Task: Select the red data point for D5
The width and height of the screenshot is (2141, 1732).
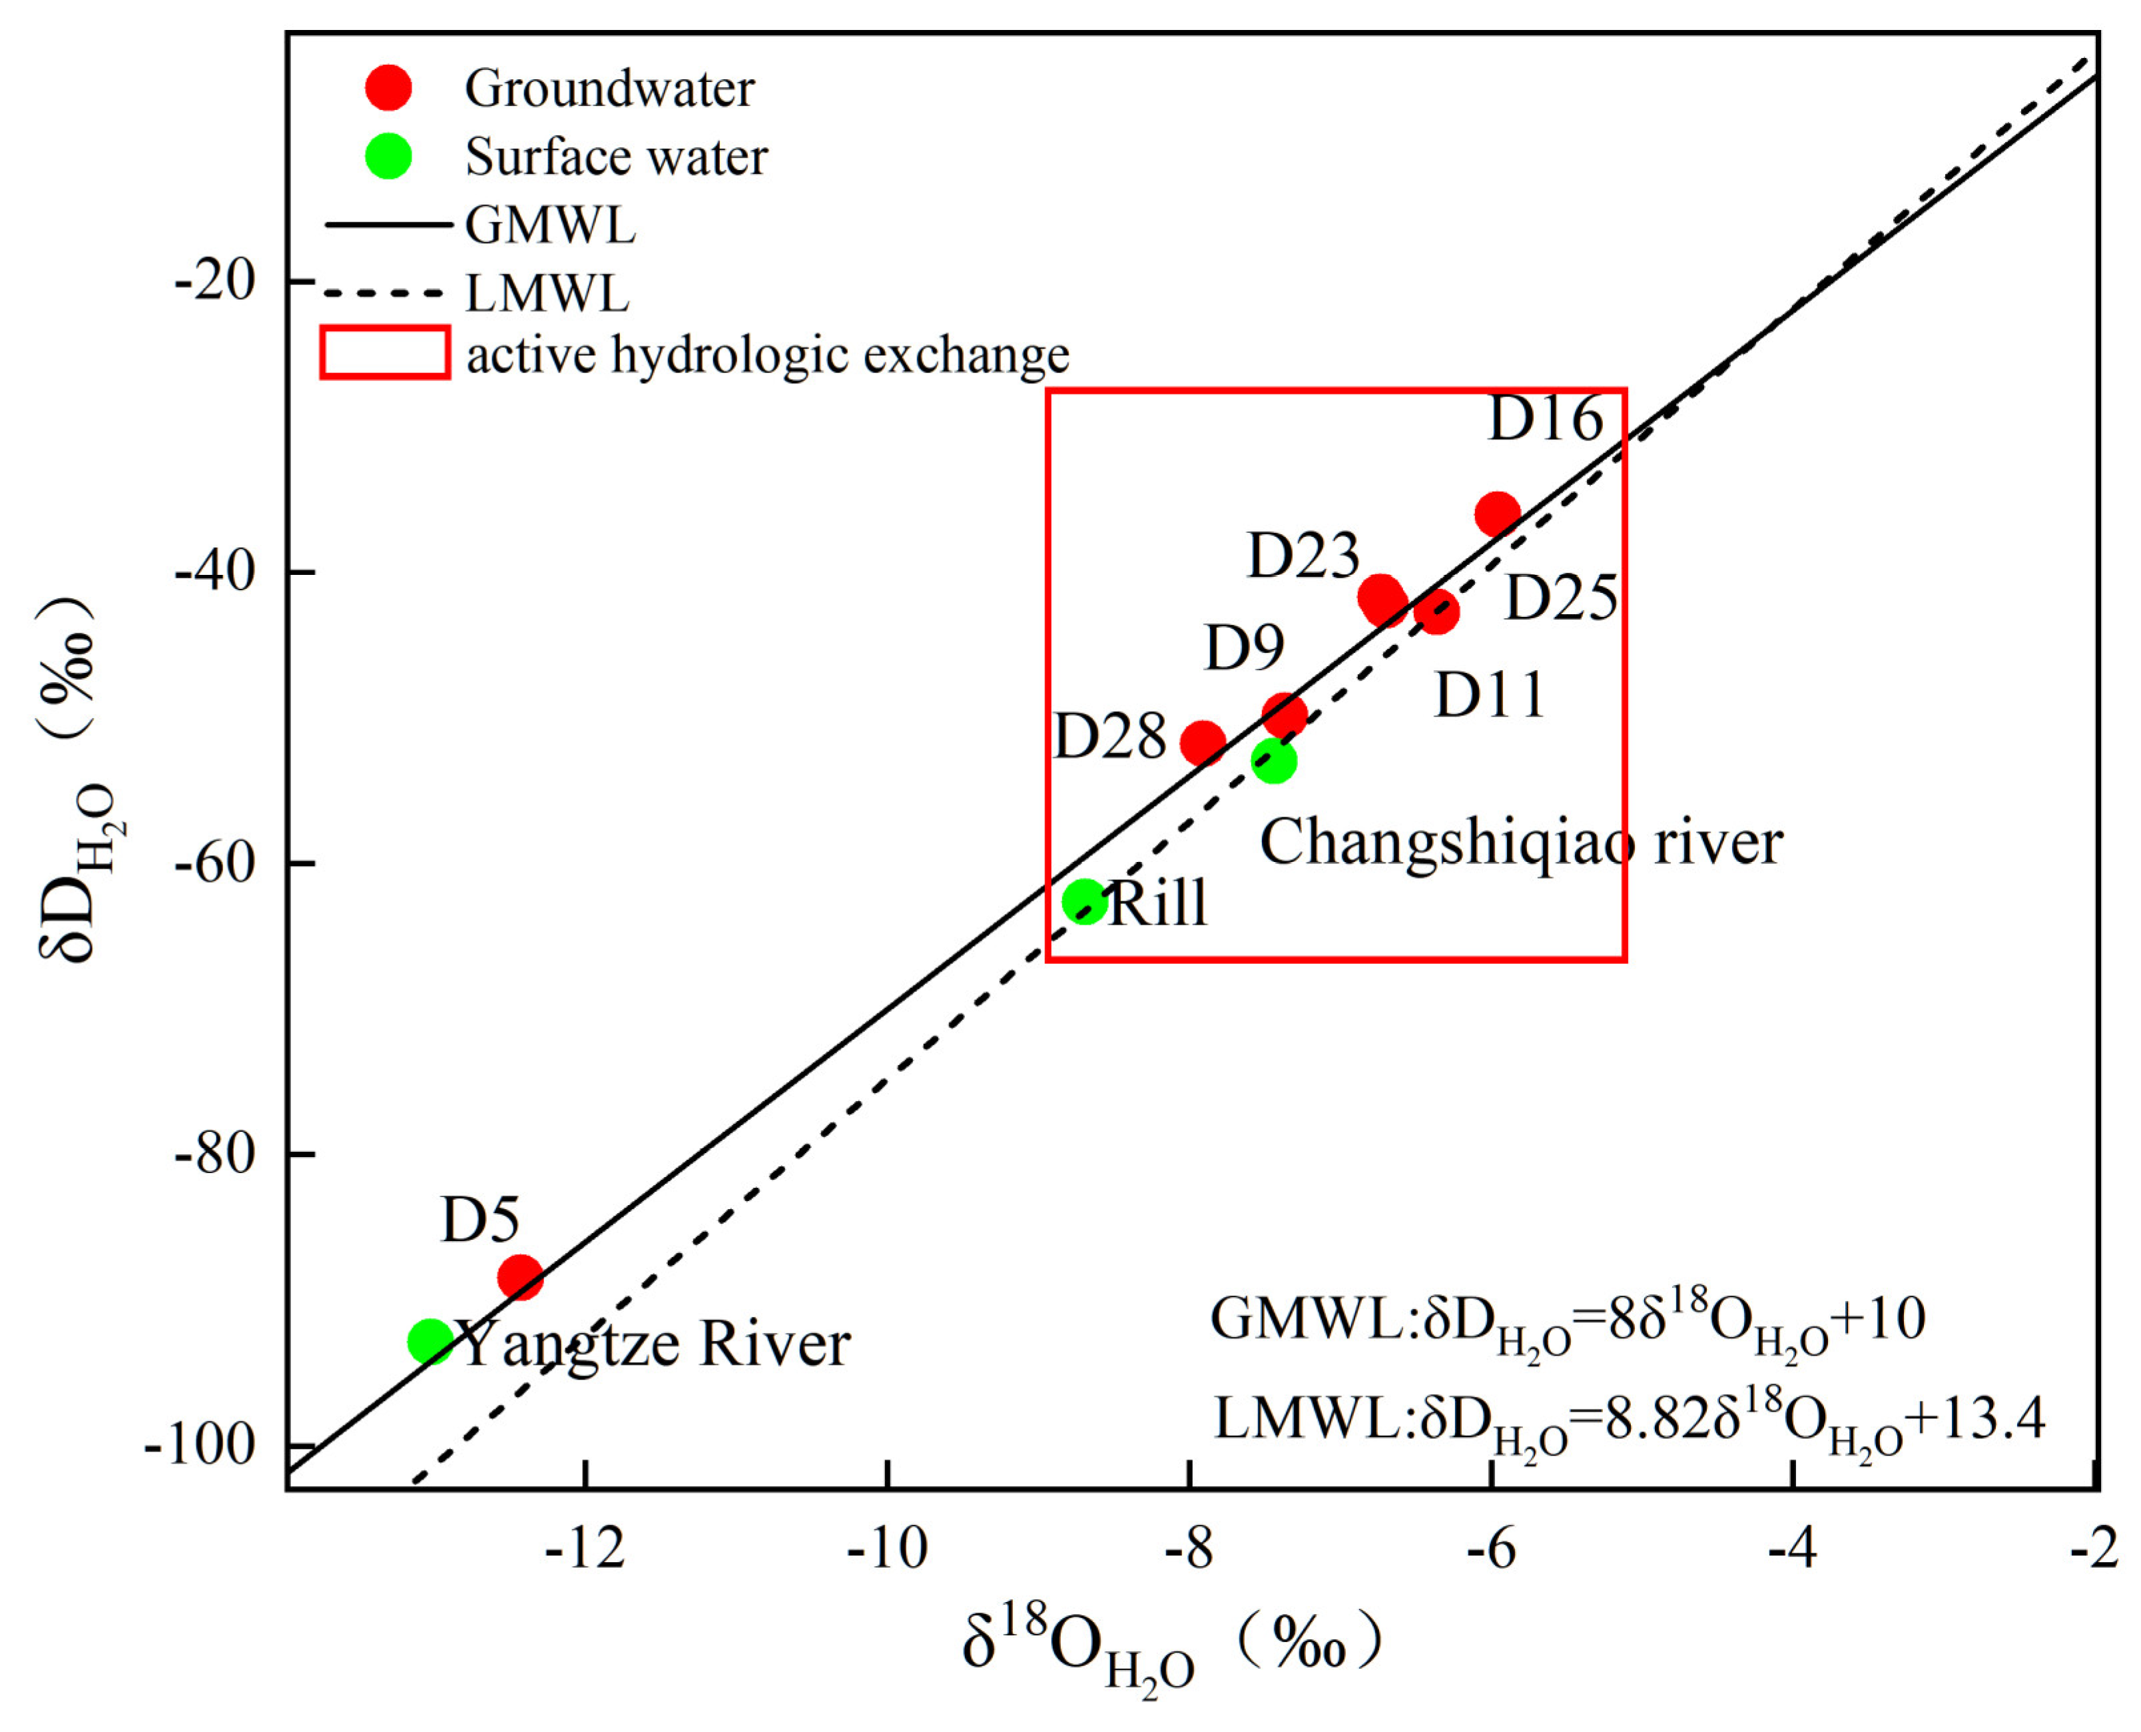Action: [x=519, y=1277]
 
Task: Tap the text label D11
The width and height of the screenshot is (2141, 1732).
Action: [x=1490, y=695]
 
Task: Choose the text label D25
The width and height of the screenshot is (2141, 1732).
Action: [x=1560, y=599]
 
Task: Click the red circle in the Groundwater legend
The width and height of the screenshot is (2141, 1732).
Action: [x=388, y=89]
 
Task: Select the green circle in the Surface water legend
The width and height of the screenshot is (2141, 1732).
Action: [x=388, y=157]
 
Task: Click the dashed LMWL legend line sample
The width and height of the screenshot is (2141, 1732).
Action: [x=384, y=293]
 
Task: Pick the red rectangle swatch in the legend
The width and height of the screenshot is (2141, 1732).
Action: [x=385, y=353]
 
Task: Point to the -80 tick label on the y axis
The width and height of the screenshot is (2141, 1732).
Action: [x=214, y=1153]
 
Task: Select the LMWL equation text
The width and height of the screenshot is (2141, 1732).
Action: [x=1628, y=1419]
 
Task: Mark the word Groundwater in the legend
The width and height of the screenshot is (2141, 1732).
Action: [x=609, y=89]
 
